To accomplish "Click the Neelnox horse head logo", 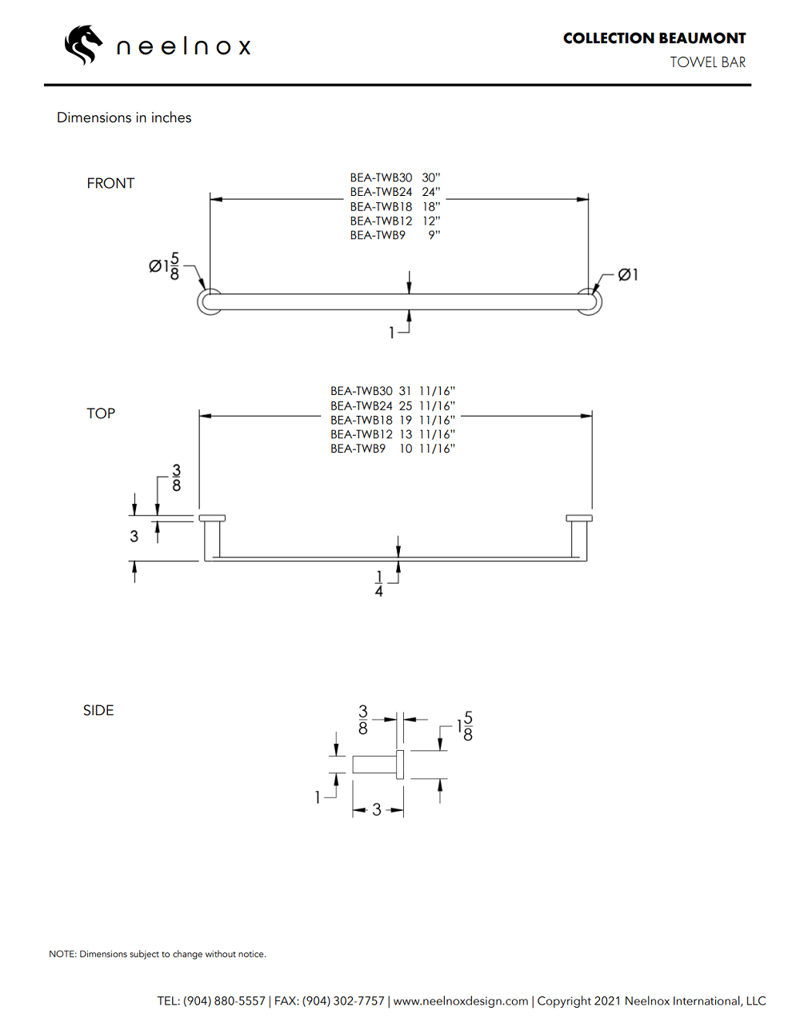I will (83, 45).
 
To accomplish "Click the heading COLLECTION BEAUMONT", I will (654, 38).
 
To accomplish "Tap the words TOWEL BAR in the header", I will (707, 62).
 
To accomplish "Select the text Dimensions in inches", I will (124, 118).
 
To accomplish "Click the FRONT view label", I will (110, 183).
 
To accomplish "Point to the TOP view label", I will (101, 413).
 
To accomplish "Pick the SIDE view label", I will (98, 710).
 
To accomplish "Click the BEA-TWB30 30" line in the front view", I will (394, 178).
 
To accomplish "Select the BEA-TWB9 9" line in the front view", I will (394, 235).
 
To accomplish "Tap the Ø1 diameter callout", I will (628, 275).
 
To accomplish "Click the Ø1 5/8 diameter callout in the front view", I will (164, 266).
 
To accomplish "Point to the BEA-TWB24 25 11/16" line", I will (392, 405).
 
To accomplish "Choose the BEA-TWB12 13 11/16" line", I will (392, 434).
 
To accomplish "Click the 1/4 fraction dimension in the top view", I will (379, 584).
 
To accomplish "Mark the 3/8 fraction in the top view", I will (176, 478).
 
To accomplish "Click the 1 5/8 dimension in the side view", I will (465, 726).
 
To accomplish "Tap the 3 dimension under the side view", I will (377, 810).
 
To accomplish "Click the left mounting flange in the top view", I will (212, 518).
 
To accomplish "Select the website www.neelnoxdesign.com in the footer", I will (461, 1001).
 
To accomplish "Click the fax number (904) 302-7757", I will (343, 1001).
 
